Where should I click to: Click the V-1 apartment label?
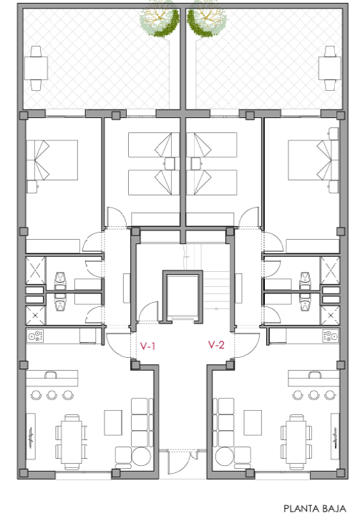point(147,346)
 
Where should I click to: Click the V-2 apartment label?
point(216,344)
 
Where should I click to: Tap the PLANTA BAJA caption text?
point(315,509)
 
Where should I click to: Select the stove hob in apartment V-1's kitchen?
point(36,336)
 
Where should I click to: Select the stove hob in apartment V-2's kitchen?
point(330,336)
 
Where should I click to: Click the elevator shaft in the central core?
point(183,296)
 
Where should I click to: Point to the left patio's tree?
point(160,16)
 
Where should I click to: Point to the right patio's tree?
point(207,16)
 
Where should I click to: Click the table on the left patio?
point(36,68)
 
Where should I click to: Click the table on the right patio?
point(330,68)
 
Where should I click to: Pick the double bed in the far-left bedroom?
point(52,160)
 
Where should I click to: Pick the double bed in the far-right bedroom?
point(313,160)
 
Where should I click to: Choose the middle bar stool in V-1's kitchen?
point(52,395)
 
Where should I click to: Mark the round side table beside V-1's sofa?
point(141,457)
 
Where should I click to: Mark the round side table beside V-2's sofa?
point(225,457)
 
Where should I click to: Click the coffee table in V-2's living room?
point(253,423)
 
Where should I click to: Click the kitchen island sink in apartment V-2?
point(315,374)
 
